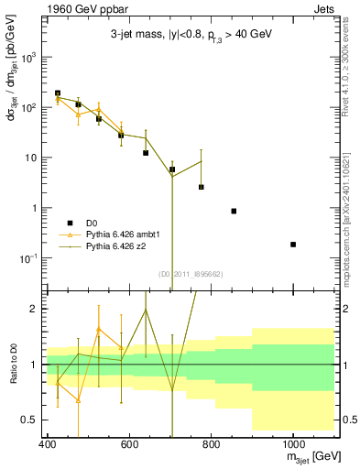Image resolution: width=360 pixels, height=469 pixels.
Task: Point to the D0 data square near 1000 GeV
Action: (x=293, y=245)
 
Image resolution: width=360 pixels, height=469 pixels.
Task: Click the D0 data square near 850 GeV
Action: (x=235, y=211)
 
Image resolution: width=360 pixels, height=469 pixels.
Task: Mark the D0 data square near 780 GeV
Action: (x=202, y=187)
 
